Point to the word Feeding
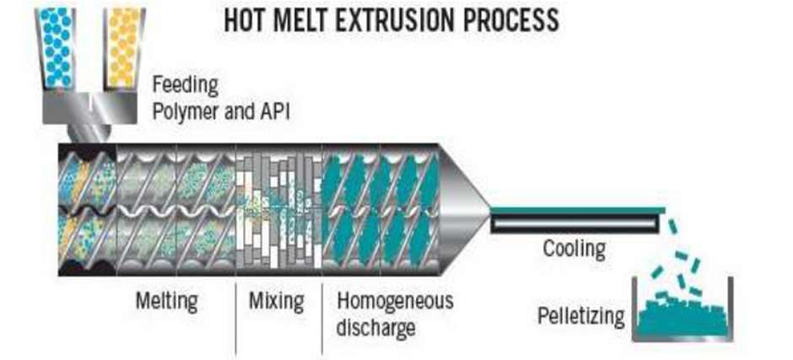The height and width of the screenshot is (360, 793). [185, 85]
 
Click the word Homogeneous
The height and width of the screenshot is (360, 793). [396, 300]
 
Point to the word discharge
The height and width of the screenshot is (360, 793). [376, 325]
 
